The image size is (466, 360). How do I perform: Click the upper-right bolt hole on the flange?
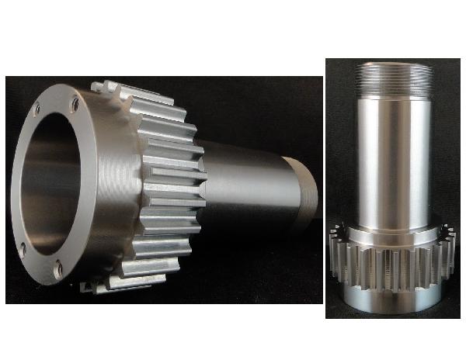[x=74, y=102]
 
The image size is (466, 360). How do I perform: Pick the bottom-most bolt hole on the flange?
[x=58, y=271]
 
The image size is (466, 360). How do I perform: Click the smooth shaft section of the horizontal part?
[x=241, y=178]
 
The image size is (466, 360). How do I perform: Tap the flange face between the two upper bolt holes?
[x=54, y=101]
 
